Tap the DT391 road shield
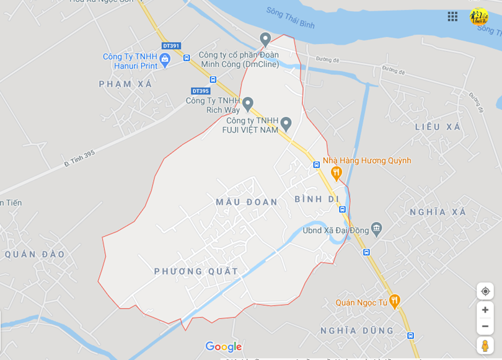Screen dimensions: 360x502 tap(170, 46)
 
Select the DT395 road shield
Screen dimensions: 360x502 tap(200, 91)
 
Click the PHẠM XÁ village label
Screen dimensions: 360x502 tap(125, 84)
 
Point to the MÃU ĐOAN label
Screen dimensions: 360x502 tap(247, 202)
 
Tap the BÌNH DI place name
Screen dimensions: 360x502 tap(317, 199)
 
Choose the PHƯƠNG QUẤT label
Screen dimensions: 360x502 tap(196, 271)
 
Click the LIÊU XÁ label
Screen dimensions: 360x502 tap(438, 126)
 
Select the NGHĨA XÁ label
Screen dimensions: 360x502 tap(438, 212)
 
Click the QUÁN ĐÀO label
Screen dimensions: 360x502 tap(35, 254)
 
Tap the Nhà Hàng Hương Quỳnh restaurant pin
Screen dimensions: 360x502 tap(337, 173)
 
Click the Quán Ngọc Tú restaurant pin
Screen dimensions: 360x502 tap(394, 301)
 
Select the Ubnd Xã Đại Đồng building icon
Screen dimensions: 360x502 tap(377, 230)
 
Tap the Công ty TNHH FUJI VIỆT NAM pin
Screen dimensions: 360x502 tap(286, 123)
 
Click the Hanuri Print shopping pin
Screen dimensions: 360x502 tap(165, 59)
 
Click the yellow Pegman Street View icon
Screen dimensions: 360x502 tap(485, 345)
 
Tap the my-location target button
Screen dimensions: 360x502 tap(485, 291)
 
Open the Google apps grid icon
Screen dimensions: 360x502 tap(453, 17)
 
